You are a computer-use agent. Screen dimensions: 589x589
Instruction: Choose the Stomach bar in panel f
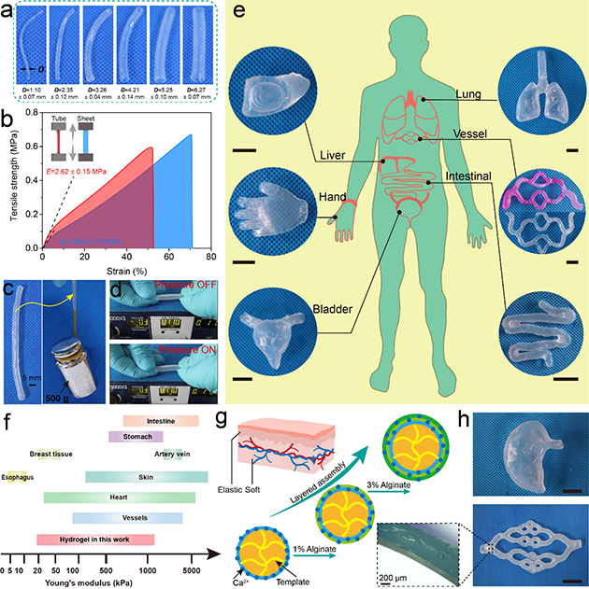pyautogui.click(x=136, y=436)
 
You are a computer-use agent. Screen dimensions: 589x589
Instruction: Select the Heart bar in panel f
pyautogui.click(x=119, y=498)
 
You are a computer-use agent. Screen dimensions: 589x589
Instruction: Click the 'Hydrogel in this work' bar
pyautogui.click(x=94, y=540)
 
